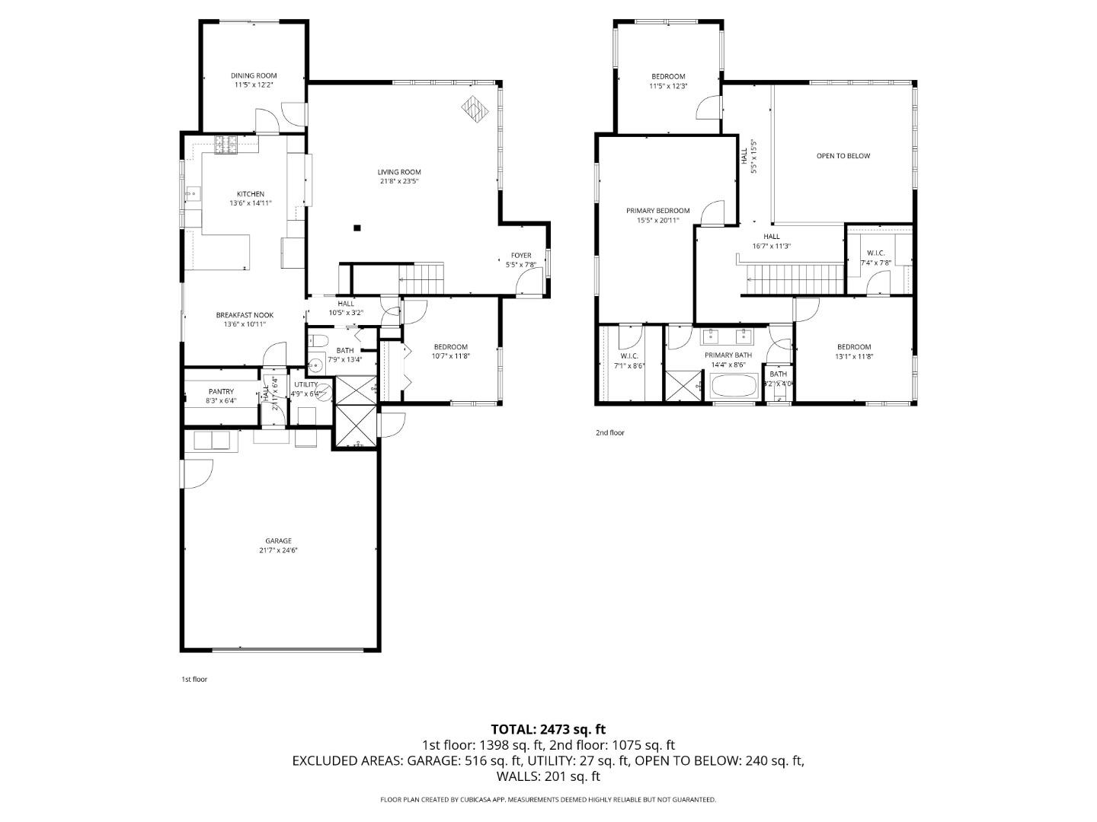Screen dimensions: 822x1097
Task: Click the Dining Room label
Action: [254, 75]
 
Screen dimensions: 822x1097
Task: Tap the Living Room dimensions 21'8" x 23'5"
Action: [398, 182]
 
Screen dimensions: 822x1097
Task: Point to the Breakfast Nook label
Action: [244, 315]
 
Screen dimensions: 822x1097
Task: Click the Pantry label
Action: [221, 392]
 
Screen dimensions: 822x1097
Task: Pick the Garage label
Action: [278, 541]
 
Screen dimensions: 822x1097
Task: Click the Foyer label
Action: [521, 256]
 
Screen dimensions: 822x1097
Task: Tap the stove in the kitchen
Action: [226, 145]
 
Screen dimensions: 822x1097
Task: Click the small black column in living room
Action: [357, 227]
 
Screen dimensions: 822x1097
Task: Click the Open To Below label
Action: [843, 156]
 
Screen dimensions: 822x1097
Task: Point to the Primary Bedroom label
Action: [658, 211]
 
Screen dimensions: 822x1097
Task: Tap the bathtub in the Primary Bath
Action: [734, 387]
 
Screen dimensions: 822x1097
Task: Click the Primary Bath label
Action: [728, 355]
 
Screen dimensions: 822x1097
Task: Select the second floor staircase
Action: [794, 279]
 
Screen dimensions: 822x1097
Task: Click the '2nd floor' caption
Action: [609, 433]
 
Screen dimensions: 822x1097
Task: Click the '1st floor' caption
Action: [193, 679]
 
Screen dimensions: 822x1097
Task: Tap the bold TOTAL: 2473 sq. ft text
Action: [548, 730]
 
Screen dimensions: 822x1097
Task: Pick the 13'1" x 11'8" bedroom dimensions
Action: [853, 356]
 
